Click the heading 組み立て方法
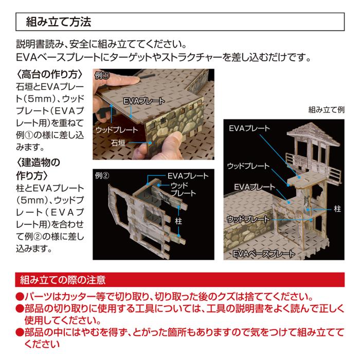[59, 22]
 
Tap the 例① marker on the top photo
[102, 76]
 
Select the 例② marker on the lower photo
[102, 176]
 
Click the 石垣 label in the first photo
[118, 143]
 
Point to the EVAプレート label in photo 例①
[144, 101]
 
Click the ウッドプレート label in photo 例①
[117, 130]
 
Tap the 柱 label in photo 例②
[178, 221]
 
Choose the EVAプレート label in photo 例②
[188, 176]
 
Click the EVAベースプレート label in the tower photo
[264, 254]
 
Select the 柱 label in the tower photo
[337, 209]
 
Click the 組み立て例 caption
[326, 110]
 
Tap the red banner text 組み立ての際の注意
[63, 280]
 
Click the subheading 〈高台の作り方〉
[49, 75]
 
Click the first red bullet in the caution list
[20, 297]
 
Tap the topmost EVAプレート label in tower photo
[249, 128]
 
